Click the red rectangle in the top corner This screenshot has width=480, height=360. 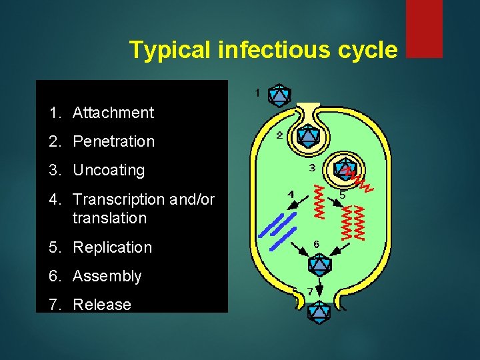pyautogui.click(x=424, y=28)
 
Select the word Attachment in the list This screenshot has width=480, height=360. pyautogui.click(x=113, y=113)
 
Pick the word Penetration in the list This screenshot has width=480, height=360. pyautogui.click(x=113, y=141)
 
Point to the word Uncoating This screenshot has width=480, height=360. pyautogui.click(x=109, y=170)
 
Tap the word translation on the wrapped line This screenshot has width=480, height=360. pyautogui.click(x=109, y=218)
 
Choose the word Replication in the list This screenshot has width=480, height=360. pyautogui.click(x=112, y=247)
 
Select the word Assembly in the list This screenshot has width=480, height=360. pyautogui.click(x=107, y=276)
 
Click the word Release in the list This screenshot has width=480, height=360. pyautogui.click(x=102, y=305)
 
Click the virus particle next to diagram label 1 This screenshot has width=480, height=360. pyautogui.click(x=279, y=95)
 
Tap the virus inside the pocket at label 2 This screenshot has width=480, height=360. pyautogui.click(x=307, y=136)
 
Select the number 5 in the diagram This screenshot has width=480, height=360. pyautogui.click(x=342, y=195)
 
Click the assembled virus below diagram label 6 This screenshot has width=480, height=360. pyautogui.click(x=319, y=265)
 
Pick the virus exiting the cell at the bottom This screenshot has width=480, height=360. pyautogui.click(x=319, y=311)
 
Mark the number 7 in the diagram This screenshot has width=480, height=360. pyautogui.click(x=309, y=291)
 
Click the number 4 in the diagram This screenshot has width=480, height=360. pyautogui.click(x=290, y=194)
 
